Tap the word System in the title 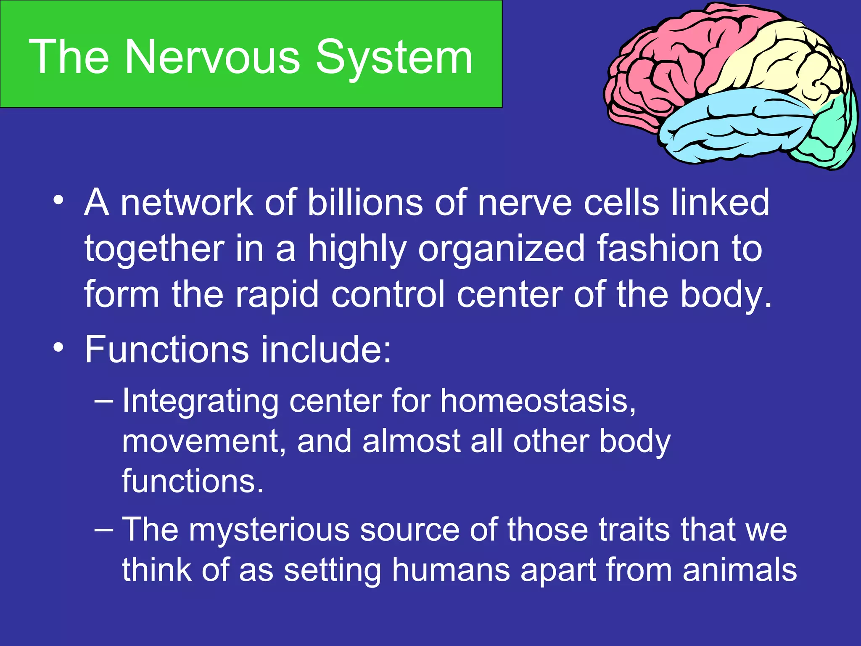point(394,58)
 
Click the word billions point(364,203)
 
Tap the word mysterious point(269,530)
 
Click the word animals point(740,570)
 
